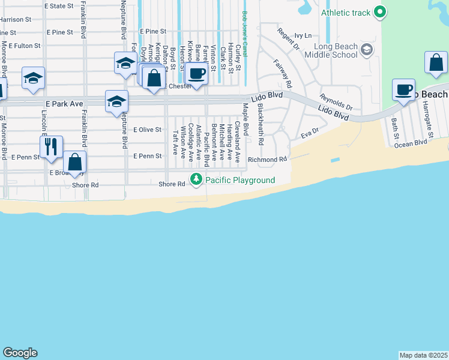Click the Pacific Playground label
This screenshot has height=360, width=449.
(240, 180)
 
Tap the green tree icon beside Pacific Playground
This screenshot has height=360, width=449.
(196, 179)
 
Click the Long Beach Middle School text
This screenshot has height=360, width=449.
(331, 51)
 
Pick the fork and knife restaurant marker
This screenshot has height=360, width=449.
(51, 147)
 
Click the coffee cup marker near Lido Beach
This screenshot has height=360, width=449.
(403, 91)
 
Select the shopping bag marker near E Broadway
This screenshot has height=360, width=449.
(75, 162)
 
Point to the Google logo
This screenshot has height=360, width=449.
(20, 353)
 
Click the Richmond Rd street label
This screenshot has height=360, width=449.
(268, 160)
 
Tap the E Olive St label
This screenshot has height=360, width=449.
(148, 129)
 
